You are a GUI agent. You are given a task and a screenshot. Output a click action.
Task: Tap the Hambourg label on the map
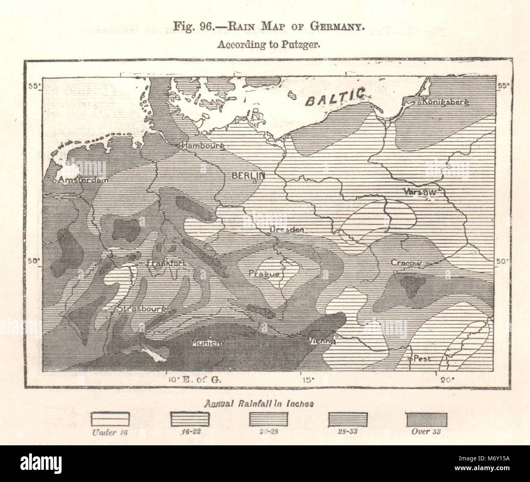[x=203, y=146]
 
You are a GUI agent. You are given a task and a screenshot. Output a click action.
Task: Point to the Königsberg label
[x=445, y=102]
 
